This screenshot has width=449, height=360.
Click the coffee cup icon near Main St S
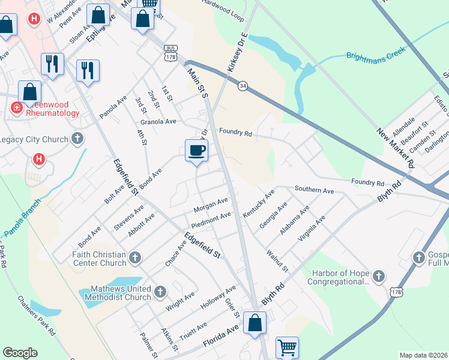tap(197, 151)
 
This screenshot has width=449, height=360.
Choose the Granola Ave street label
tap(158, 121)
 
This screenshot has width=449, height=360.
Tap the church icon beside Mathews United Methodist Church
tap(160, 292)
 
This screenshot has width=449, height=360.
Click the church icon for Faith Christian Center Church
tap(135, 258)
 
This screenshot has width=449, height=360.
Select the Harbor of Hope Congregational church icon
tap(378, 276)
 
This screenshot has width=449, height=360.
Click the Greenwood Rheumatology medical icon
tap(16, 108)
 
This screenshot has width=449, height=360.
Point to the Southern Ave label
tap(314, 190)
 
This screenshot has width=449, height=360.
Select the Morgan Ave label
tap(211, 205)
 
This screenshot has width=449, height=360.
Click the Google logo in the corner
tap(20, 353)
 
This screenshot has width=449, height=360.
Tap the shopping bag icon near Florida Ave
tap(255, 323)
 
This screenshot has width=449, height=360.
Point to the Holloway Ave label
tap(218, 298)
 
